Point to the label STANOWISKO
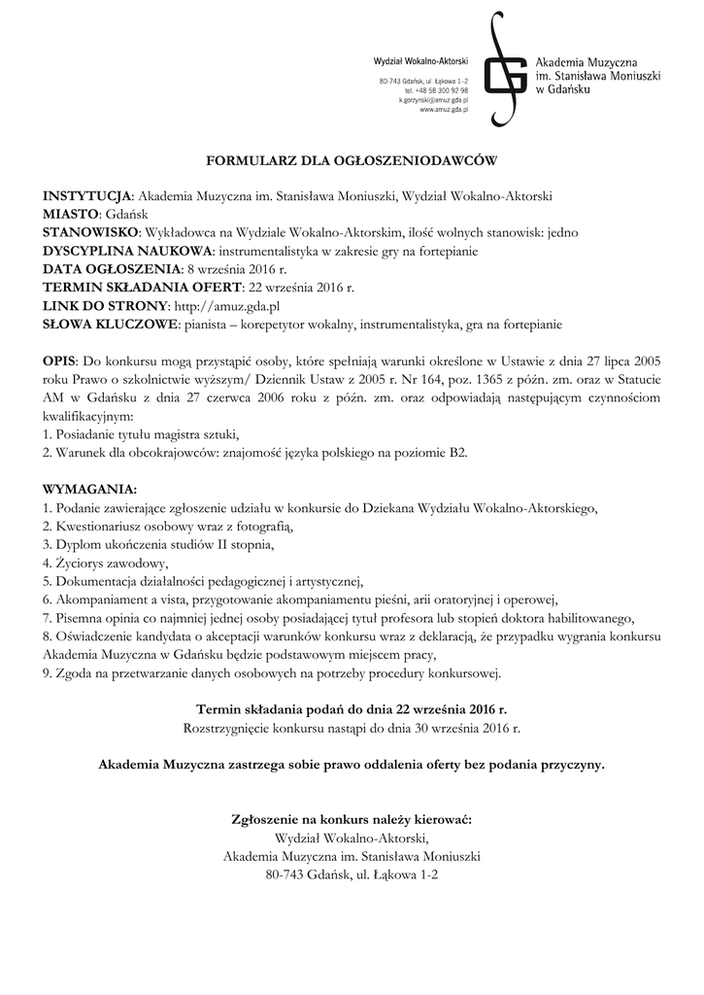coord(90,232)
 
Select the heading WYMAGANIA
coord(89,488)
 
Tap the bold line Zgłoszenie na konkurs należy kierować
coord(352,819)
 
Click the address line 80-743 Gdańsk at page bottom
coord(352,875)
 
